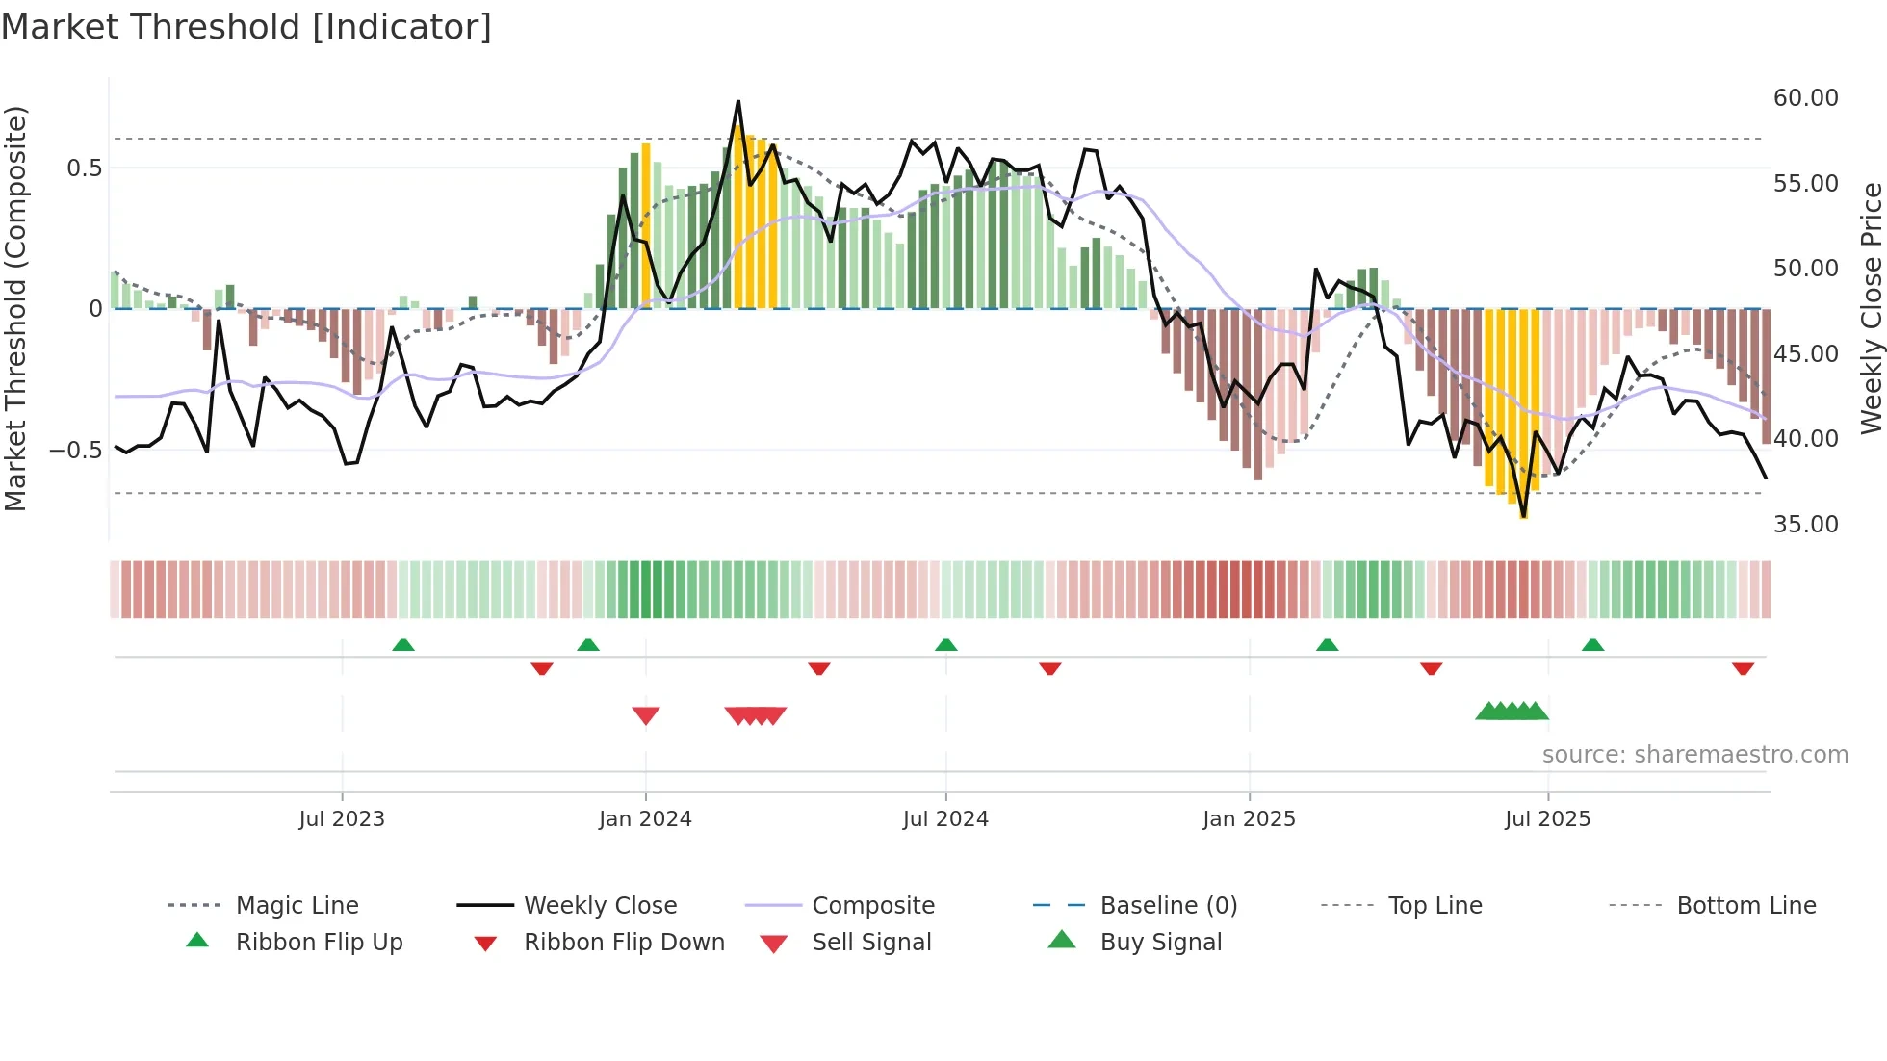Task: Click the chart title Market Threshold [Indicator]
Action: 246,26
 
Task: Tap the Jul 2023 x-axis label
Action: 342,819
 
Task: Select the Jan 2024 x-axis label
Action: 645,819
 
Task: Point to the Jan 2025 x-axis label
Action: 1249,819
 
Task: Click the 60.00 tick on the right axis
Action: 1805,98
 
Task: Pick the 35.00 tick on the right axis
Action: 1805,525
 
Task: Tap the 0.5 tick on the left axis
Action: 84,168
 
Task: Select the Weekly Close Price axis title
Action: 1871,308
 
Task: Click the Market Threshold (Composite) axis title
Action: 15,308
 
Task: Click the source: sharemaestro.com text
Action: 1694,755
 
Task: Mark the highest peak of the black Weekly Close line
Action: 738,101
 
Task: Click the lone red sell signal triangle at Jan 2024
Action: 646,715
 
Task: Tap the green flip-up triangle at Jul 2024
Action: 945,645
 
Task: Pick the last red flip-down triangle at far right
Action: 1743,668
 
